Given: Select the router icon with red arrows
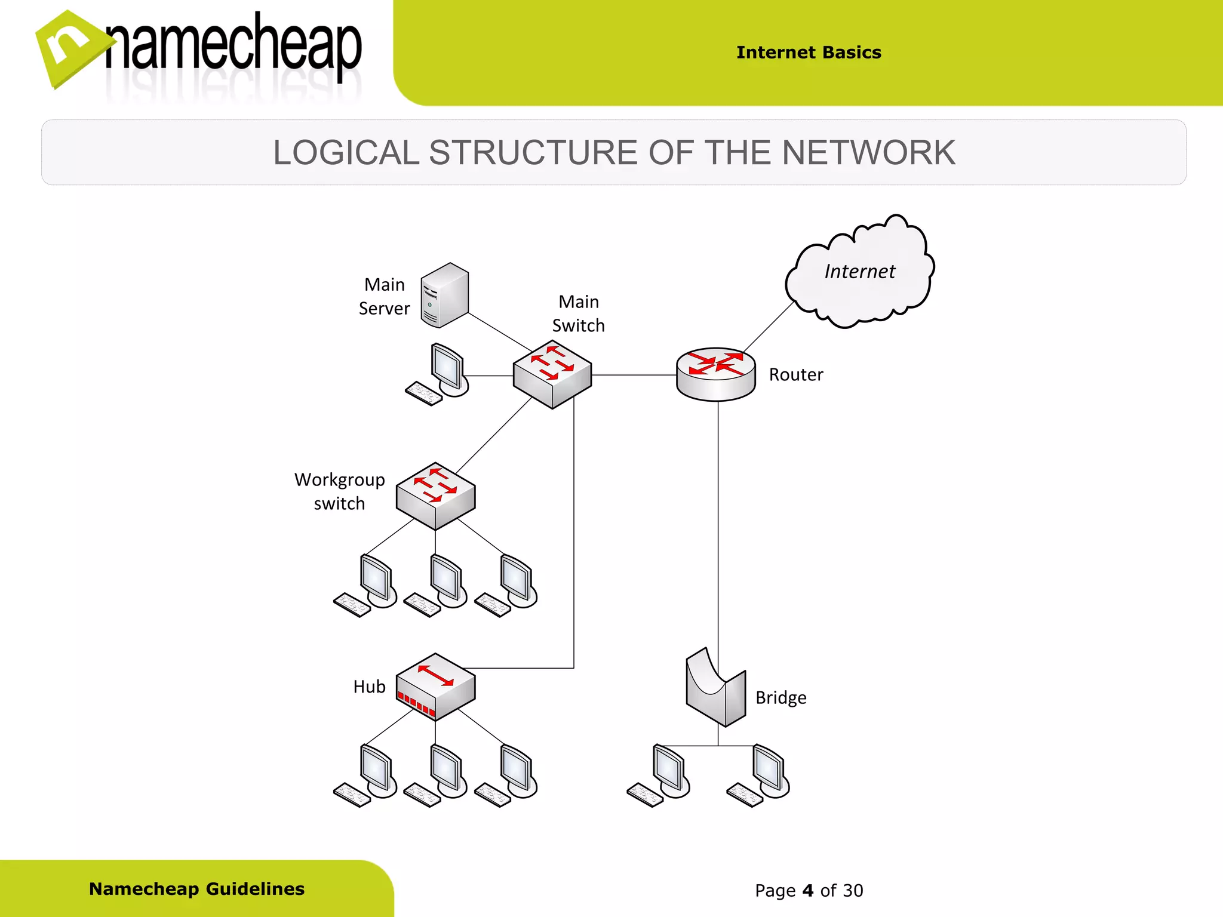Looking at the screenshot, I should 715,374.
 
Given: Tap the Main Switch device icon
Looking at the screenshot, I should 552,374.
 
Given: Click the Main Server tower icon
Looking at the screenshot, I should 444,296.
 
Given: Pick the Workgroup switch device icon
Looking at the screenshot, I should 435,496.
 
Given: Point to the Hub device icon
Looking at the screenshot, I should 435,687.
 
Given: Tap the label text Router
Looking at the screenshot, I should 795,375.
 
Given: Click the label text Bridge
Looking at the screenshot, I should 780,697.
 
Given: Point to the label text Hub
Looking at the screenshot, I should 369,687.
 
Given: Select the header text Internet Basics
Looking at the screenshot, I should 809,53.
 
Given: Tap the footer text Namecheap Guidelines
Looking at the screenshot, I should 196,889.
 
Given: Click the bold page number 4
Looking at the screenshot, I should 808,891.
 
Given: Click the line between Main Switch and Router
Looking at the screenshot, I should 633,375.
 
